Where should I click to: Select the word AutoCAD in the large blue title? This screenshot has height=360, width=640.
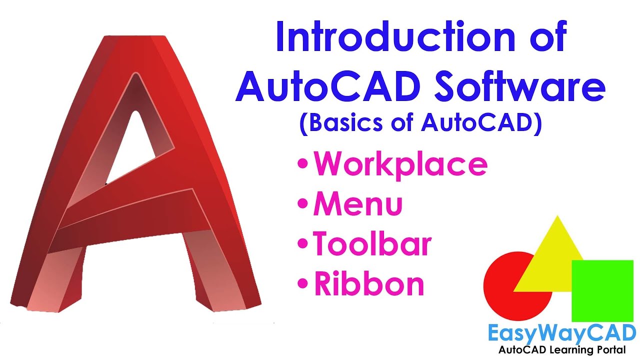click(330, 87)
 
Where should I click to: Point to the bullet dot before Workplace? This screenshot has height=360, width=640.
click(302, 164)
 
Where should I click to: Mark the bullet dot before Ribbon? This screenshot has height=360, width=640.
click(302, 284)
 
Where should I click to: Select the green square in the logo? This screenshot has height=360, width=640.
click(603, 290)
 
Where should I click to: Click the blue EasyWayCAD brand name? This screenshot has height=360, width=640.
click(561, 332)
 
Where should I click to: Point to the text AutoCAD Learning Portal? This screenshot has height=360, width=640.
click(561, 349)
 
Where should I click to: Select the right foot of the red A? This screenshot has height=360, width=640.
click(225, 290)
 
